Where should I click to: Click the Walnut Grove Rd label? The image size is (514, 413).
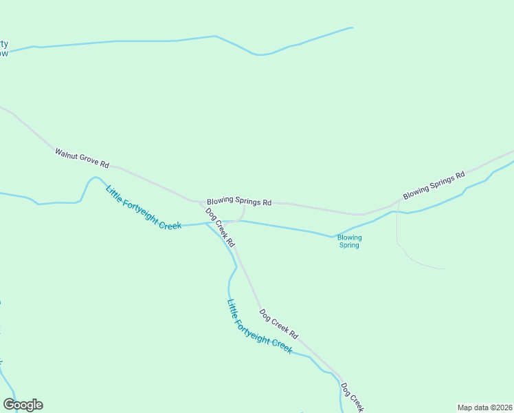[82, 158]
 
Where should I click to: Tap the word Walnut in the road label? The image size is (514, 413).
[67, 153]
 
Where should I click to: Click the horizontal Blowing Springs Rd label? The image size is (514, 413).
[239, 202]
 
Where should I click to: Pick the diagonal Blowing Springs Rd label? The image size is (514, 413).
[434, 185]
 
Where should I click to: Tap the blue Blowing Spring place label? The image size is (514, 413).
[349, 241]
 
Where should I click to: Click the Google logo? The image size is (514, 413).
[23, 405]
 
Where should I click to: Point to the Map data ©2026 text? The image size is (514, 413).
[484, 407]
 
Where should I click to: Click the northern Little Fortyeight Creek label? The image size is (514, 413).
[144, 206]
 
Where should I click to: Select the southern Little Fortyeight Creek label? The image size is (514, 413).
[259, 326]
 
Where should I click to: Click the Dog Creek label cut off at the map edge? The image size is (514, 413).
[350, 398]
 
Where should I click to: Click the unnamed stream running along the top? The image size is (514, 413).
[172, 41]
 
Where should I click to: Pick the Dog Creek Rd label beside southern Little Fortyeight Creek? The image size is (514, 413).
[278, 324]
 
